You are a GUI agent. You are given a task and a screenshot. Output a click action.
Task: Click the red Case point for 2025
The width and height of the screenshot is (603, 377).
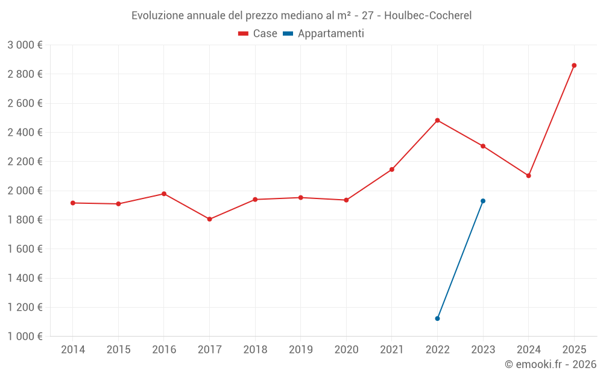click(574, 65)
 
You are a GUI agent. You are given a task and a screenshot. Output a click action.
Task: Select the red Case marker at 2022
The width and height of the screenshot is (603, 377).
click(437, 120)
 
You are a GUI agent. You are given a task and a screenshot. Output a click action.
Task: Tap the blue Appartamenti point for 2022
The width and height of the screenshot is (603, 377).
click(437, 318)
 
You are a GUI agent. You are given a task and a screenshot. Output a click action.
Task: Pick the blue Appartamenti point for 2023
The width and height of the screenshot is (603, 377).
click(483, 201)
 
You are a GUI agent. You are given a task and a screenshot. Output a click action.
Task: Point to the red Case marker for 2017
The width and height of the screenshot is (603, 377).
click(209, 219)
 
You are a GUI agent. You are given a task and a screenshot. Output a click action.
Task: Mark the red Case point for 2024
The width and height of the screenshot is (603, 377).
click(528, 176)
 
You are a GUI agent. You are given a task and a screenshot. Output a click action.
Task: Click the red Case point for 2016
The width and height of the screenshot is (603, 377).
click(164, 194)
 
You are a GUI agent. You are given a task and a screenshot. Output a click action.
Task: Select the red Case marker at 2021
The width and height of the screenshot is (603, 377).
click(392, 169)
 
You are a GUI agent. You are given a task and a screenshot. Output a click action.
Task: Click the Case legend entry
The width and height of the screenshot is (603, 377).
click(258, 34)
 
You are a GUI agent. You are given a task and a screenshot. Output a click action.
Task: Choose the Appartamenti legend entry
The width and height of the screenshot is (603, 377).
click(324, 34)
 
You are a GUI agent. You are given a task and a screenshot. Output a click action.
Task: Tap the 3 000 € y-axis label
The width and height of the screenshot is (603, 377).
click(25, 45)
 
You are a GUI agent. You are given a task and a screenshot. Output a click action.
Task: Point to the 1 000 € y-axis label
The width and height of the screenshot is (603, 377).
click(25, 337)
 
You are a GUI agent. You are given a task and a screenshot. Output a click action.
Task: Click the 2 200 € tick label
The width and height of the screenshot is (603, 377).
click(25, 162)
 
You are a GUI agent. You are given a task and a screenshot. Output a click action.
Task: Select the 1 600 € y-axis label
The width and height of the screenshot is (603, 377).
click(25, 249)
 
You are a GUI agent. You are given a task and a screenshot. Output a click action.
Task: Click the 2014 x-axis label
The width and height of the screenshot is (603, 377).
click(73, 350)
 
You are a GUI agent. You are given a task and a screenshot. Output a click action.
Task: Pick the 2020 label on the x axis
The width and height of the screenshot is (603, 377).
click(346, 350)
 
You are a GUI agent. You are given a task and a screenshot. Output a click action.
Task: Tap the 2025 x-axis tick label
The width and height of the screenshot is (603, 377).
click(574, 350)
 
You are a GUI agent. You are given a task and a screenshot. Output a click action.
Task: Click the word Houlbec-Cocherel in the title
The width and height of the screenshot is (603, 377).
click(428, 16)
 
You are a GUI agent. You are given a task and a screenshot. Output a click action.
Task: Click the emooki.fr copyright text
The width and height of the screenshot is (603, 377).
click(551, 364)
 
